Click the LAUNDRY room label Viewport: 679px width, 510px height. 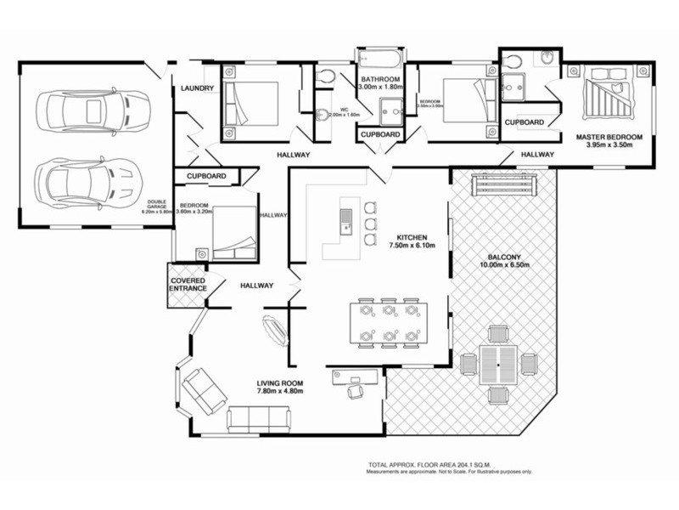point(196,88)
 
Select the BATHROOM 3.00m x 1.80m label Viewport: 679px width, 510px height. point(379,83)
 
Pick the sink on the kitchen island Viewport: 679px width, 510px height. point(346,221)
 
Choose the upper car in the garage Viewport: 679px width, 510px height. point(93,109)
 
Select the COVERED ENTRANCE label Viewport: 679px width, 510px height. point(188,285)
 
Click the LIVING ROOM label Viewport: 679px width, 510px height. point(280,386)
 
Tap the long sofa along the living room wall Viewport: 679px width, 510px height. point(260,418)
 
